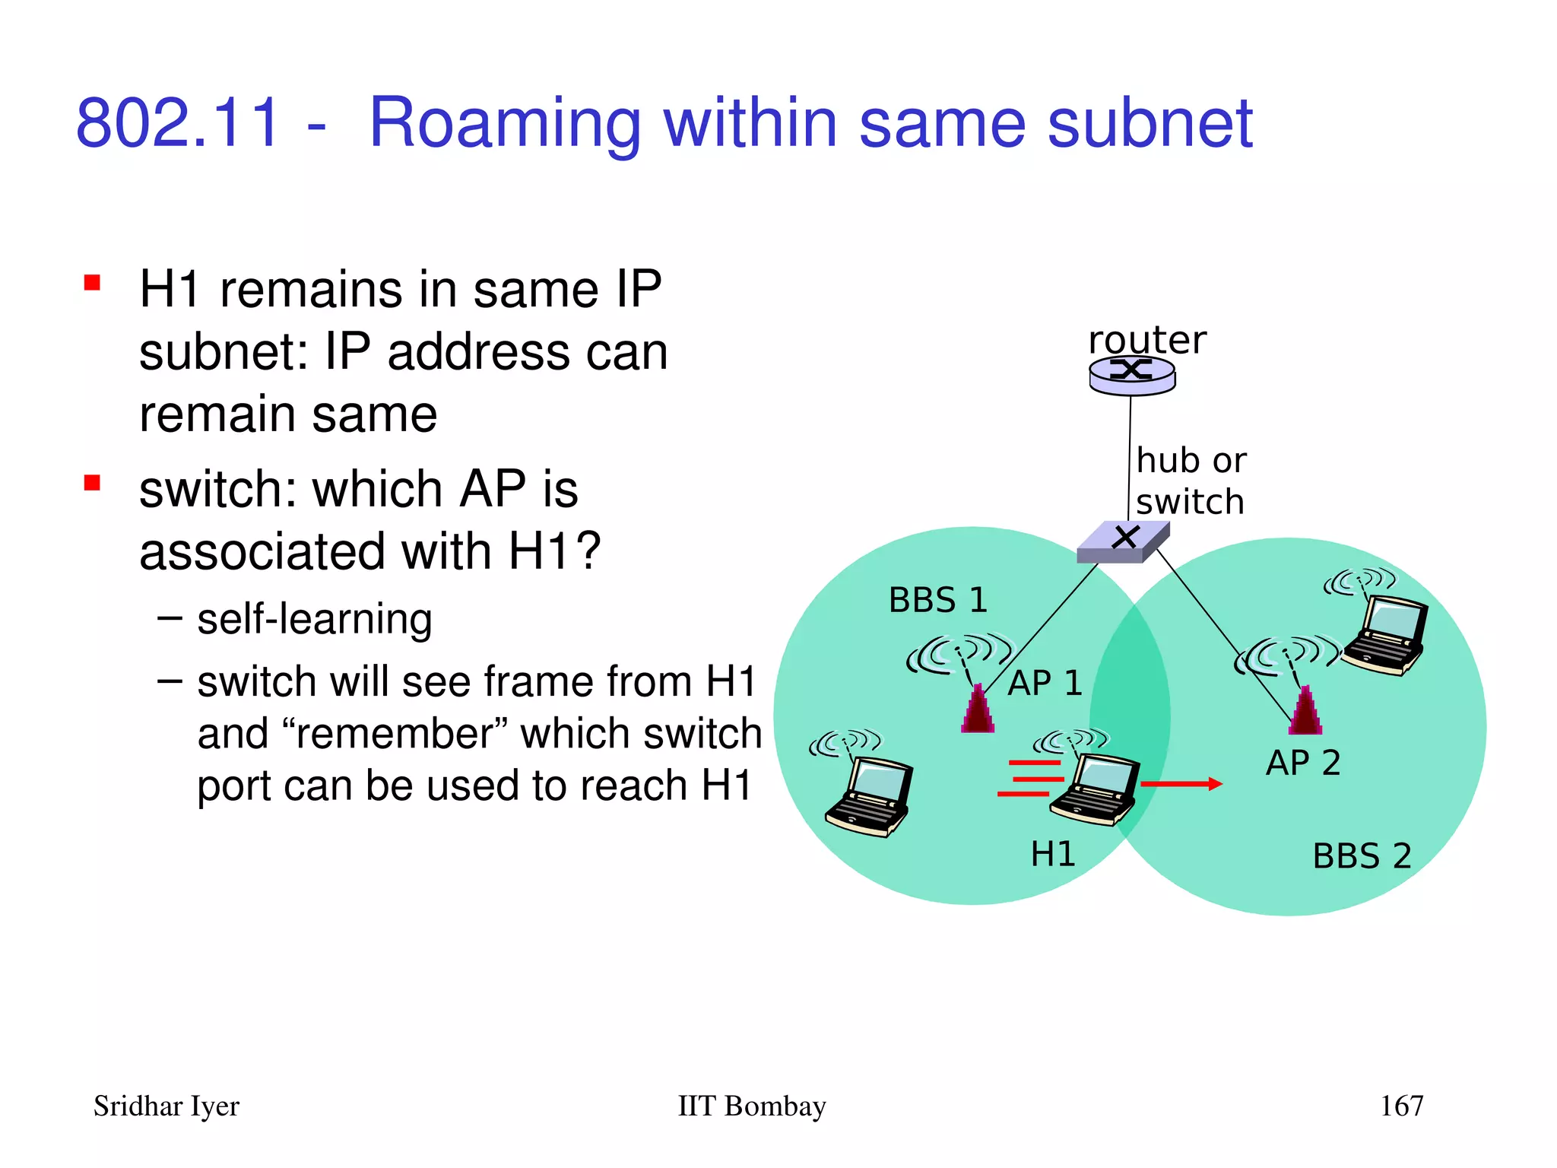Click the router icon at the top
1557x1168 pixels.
[x=1132, y=375]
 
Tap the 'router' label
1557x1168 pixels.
[x=1146, y=339]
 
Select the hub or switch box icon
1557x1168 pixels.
[x=1124, y=541]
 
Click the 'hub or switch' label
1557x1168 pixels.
[x=1191, y=481]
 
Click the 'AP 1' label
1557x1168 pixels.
[x=1045, y=683]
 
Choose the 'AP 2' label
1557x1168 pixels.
[x=1303, y=763]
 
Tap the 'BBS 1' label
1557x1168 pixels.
[x=938, y=600]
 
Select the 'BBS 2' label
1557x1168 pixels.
[x=1362, y=856]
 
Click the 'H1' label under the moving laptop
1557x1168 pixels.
[x=1053, y=854]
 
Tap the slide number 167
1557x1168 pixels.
[x=1401, y=1106]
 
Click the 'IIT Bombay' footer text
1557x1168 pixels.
[x=751, y=1106]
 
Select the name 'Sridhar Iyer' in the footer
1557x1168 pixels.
[x=166, y=1106]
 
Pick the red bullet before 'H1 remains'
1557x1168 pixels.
[x=93, y=283]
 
